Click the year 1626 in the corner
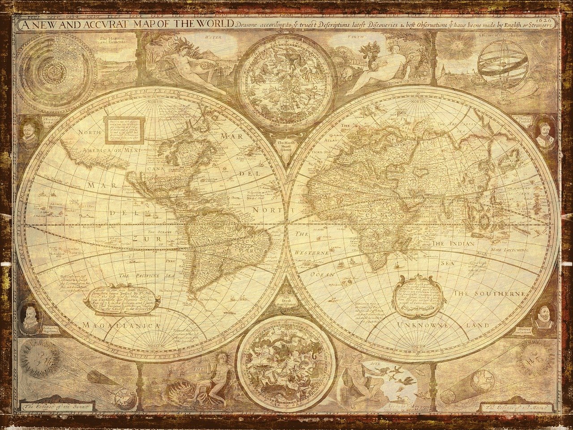(x=550, y=20)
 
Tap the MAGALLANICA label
(x=121, y=325)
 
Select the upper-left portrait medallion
(x=30, y=133)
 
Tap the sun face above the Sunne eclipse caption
(x=40, y=356)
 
